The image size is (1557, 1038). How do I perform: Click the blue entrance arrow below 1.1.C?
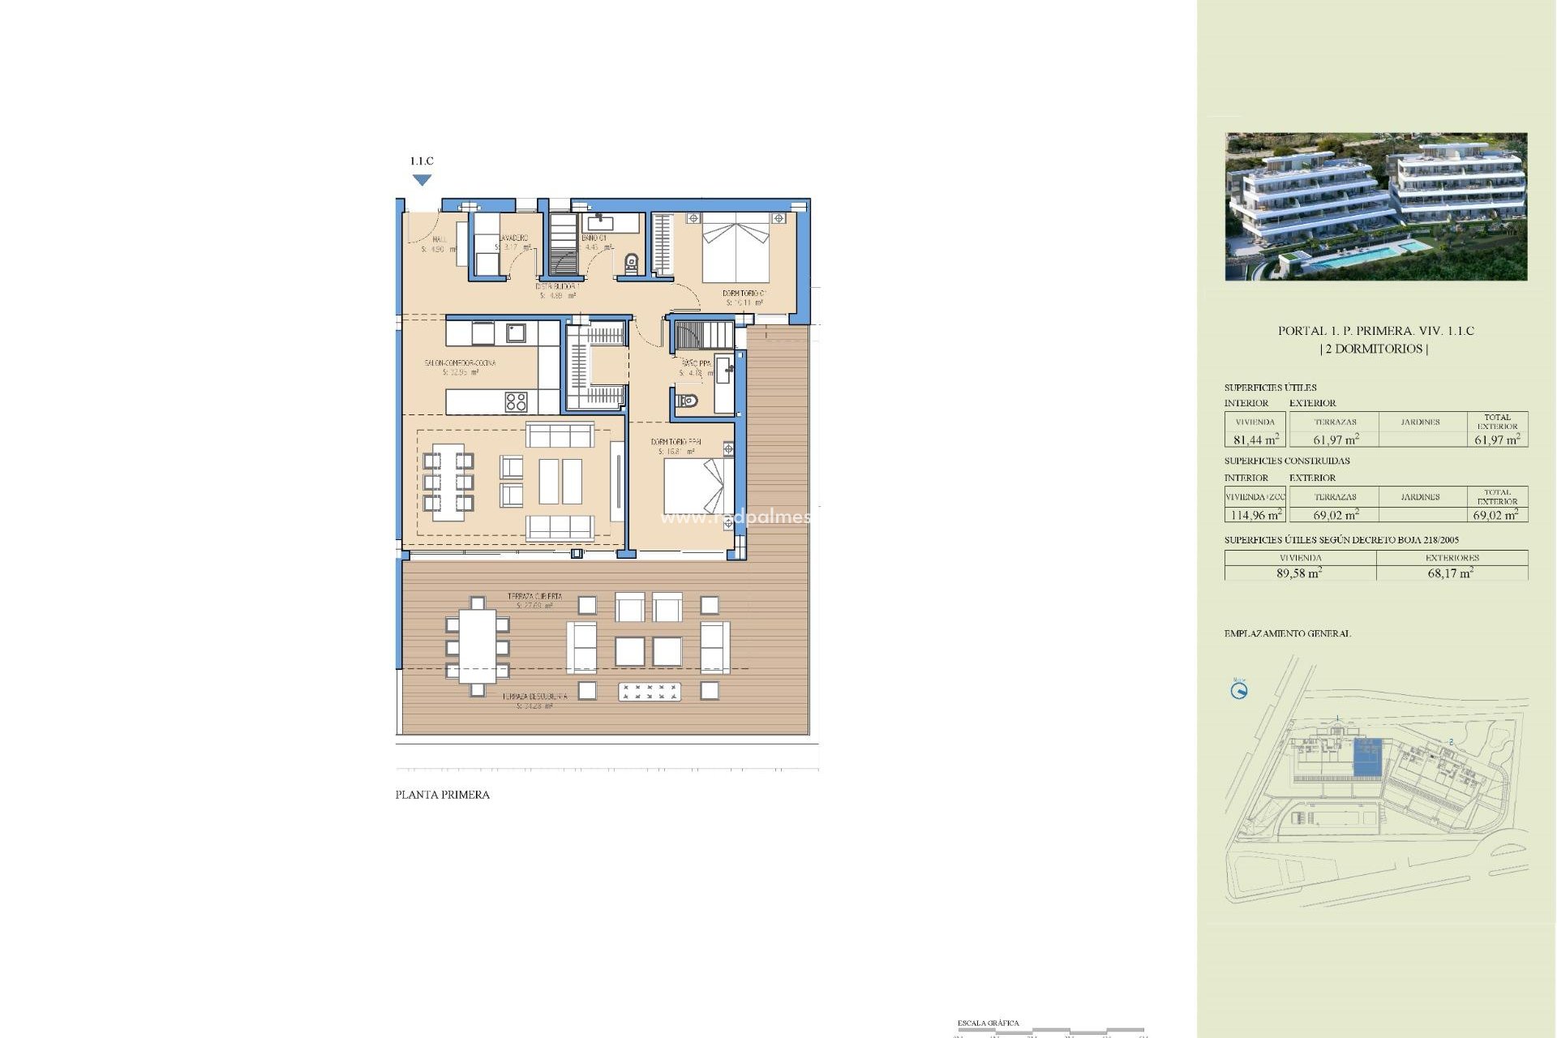(422, 180)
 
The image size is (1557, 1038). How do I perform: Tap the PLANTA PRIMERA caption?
(442, 795)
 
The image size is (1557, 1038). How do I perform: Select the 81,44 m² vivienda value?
(1255, 440)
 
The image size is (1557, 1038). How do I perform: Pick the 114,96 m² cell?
(1255, 515)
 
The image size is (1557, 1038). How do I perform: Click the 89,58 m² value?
(1299, 573)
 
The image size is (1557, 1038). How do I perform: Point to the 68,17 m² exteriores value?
(1450, 573)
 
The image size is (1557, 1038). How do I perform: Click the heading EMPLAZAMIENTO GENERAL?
(1287, 633)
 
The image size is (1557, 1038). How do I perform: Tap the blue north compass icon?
(1238, 691)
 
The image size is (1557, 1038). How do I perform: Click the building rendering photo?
(1375, 207)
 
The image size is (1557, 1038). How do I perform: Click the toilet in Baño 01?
(632, 263)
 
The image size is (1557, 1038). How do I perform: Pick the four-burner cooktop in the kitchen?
(516, 401)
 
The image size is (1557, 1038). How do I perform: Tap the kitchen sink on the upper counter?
(516, 332)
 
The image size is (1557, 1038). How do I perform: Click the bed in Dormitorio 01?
(735, 247)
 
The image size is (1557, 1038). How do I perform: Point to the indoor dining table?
(448, 482)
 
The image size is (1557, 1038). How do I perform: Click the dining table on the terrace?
(477, 646)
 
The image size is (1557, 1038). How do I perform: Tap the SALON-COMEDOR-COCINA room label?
(460, 362)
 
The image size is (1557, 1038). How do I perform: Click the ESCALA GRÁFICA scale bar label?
(988, 1023)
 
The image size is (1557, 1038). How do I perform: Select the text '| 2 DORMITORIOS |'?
(1375, 349)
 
